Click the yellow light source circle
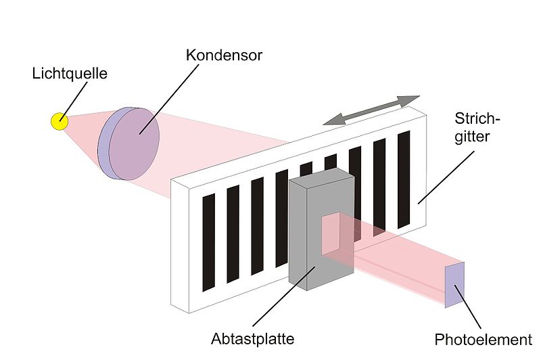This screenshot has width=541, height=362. point(60,121)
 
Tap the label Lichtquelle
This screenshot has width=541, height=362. point(70,73)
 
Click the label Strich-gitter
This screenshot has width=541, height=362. point(476,128)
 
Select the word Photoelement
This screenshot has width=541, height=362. point(483,340)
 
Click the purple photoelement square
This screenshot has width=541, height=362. point(454,285)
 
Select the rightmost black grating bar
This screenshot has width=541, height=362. point(404,179)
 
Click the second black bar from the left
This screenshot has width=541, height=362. point(233,234)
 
